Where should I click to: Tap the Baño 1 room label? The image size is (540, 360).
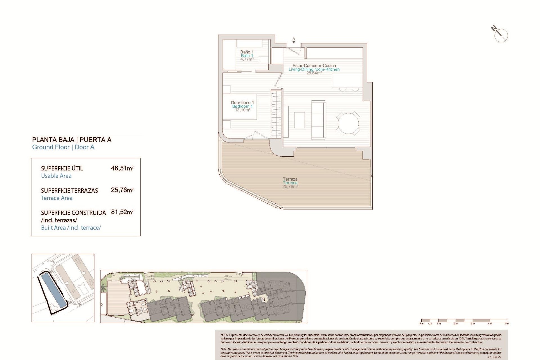tap(247, 56)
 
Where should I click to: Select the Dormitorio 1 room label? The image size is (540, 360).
tap(242, 106)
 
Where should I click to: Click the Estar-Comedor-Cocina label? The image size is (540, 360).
tap(314, 69)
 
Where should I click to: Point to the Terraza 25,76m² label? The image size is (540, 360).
tap(290, 183)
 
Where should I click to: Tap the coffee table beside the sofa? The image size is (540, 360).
tap(300, 120)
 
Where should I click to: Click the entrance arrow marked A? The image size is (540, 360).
tap(294, 41)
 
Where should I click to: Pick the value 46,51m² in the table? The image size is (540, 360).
tap(122, 168)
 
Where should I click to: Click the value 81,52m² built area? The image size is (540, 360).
tap(122, 212)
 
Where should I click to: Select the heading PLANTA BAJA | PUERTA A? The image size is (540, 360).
tap(72, 140)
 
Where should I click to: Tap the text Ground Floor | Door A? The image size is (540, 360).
tap(63, 147)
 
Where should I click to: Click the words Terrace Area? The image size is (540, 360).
tap(57, 198)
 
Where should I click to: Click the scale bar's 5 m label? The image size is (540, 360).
tap(507, 324)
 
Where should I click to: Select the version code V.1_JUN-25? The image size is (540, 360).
tap(494, 357)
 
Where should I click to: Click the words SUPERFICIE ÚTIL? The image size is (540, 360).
tap(62, 168)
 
